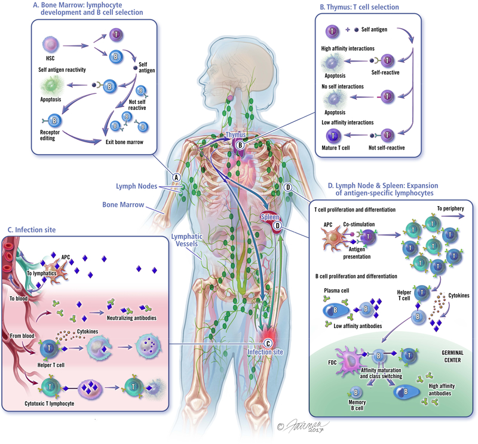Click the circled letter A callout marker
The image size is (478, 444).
[176, 177]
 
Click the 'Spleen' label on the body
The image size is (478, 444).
[271, 218]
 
